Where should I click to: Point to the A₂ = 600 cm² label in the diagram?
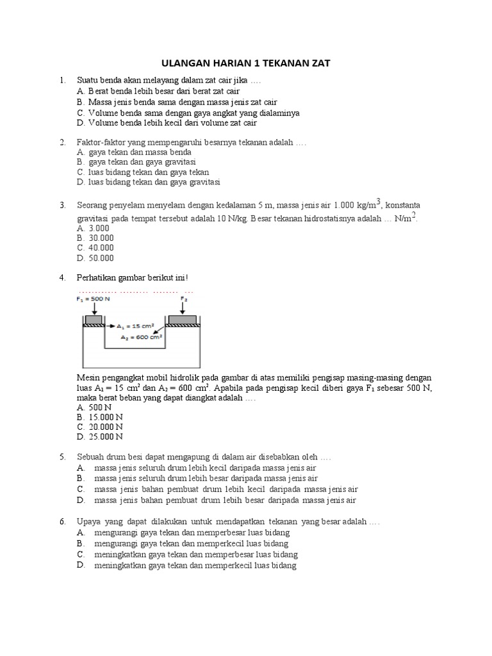pyautogui.click(x=141, y=336)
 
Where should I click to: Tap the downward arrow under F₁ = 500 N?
pyautogui.click(x=94, y=308)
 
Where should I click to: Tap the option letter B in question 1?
pyautogui.click(x=79, y=102)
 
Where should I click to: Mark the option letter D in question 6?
pyautogui.click(x=80, y=566)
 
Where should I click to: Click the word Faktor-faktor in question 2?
pyautogui.click(x=102, y=142)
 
